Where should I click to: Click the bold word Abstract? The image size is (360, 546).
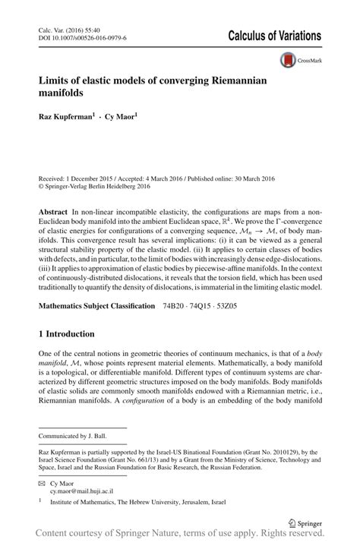(x=55, y=208)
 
